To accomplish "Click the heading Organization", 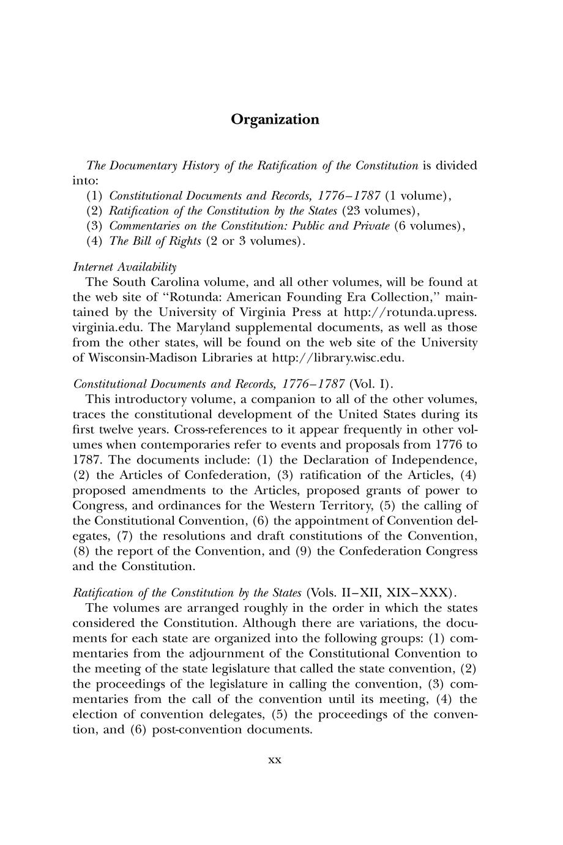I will [275, 119].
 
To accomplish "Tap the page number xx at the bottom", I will [275, 760].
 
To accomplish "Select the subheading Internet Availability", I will [125, 267].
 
